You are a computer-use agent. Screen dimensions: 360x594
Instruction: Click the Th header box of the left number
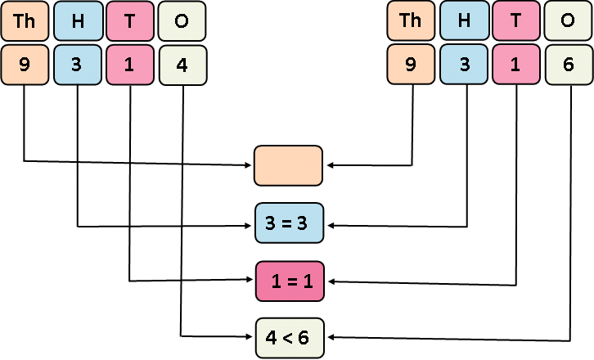click(x=24, y=21)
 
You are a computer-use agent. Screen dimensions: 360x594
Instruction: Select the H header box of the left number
click(x=77, y=21)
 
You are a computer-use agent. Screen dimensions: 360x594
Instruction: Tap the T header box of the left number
click(x=130, y=21)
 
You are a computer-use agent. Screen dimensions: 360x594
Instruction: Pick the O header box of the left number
click(x=182, y=21)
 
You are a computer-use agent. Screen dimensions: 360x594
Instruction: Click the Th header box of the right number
click(x=411, y=21)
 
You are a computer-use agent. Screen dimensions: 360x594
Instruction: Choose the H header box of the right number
click(x=464, y=21)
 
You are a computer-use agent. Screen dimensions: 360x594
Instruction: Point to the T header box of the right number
click(x=516, y=21)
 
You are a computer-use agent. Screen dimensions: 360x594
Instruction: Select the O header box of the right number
click(x=569, y=21)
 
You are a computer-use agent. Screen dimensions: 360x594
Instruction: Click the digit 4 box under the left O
click(x=182, y=65)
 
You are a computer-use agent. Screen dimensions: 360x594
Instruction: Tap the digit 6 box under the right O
click(x=569, y=65)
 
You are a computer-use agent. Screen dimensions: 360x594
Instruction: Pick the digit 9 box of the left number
click(x=24, y=65)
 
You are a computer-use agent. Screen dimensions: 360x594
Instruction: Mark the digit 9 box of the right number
click(x=411, y=65)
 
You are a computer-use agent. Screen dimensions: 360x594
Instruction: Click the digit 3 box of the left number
click(x=77, y=65)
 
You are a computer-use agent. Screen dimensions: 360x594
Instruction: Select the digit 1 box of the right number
click(x=516, y=65)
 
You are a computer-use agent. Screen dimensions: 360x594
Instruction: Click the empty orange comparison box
click(x=289, y=165)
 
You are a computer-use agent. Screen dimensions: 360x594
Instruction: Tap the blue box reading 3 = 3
click(x=289, y=223)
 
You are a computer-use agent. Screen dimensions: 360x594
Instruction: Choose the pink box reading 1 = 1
click(x=289, y=281)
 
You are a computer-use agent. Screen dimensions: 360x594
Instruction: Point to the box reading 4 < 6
click(x=289, y=337)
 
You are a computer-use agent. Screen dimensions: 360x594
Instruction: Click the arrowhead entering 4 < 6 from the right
click(x=331, y=337)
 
